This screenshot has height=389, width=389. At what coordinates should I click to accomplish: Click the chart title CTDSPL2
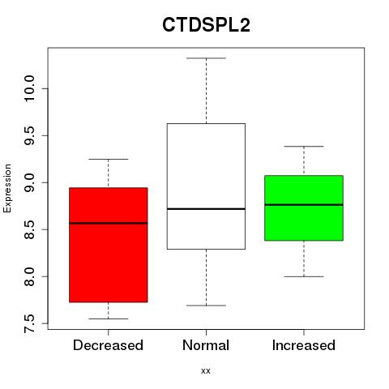pos(206,25)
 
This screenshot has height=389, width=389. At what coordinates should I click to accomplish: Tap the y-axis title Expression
pos(7,188)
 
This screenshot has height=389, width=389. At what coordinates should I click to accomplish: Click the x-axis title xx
pos(206,371)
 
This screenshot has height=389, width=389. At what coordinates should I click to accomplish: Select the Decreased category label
pos(108,345)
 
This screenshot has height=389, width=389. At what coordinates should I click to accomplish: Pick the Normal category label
pos(206,345)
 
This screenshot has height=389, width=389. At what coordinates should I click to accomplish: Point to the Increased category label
pos(304,345)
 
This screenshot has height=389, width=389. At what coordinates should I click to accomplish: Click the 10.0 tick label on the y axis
pos(29,88)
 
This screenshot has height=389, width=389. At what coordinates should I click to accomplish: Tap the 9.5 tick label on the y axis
pos(29,135)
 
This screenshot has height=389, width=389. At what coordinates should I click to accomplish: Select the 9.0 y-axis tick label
pos(29,182)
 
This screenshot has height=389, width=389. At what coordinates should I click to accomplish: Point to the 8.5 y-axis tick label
pos(29,229)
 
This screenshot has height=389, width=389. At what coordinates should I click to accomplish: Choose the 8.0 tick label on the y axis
pos(29,276)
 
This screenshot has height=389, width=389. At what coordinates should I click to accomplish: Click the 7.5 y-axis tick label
pos(29,323)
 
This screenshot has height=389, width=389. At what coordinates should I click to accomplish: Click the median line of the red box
pos(109,223)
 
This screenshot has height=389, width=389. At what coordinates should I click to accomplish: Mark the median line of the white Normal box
pos(206,209)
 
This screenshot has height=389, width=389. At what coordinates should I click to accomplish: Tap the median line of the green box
pos(304,205)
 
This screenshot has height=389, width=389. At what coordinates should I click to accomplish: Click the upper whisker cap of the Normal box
pos(206,58)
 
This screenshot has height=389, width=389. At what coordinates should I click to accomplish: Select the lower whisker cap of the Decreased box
pos(109,318)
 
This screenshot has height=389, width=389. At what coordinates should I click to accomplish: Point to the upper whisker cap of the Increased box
pos(304,147)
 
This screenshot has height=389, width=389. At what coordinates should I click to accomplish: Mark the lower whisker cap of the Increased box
pos(304,276)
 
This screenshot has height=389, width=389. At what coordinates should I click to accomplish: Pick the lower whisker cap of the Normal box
pos(206,306)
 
